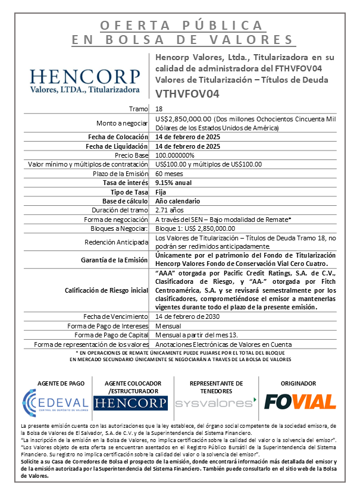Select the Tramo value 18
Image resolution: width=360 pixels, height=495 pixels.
point(158,109)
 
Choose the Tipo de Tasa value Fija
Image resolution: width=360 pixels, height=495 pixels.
point(161,192)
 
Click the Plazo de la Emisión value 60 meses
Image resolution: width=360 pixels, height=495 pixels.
point(170,173)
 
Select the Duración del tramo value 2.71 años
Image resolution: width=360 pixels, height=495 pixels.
point(170,210)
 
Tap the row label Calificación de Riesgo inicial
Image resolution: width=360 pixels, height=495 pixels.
point(105,290)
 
